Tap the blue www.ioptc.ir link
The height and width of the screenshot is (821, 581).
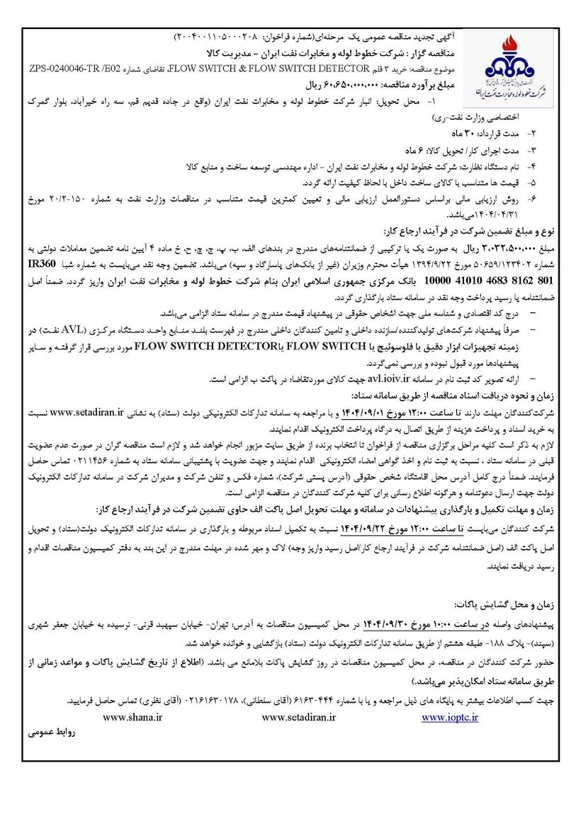click(x=450, y=717)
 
